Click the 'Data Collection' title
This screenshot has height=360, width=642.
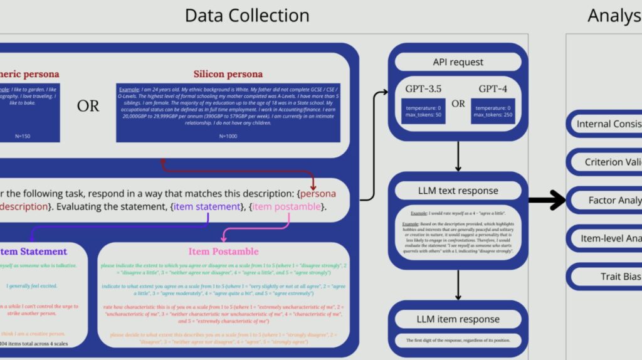pos(247,15)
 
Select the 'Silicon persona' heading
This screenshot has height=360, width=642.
pos(228,75)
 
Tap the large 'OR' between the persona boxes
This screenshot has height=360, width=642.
pos(88,106)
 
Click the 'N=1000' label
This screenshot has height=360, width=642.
pos(228,136)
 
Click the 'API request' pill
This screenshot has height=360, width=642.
pos(458,62)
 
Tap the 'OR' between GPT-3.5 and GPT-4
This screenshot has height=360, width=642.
pos(458,103)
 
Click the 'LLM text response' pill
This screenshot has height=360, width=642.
pos(458,191)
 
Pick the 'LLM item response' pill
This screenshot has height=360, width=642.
pos(458,319)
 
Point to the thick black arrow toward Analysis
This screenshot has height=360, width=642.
pos(547,200)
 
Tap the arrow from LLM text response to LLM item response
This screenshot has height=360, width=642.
pos(458,285)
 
